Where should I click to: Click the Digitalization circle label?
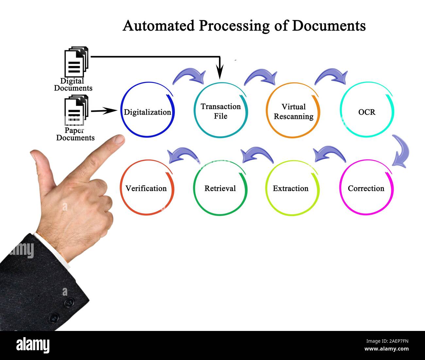147,112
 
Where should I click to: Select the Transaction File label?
221,111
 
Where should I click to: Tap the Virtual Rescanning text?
293,111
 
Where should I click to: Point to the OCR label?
367,112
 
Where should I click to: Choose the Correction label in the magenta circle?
366,188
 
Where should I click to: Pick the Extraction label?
291,188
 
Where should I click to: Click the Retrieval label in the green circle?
220,188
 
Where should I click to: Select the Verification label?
146,188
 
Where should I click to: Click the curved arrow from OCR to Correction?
401,151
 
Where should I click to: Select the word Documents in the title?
329,25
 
